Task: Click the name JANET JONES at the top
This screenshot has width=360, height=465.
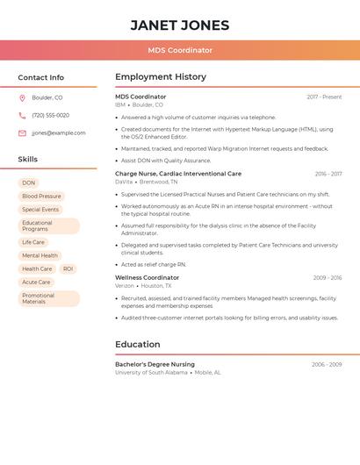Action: click(180, 25)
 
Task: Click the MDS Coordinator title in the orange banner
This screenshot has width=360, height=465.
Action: click(180, 50)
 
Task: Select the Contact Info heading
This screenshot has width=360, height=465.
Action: click(40, 77)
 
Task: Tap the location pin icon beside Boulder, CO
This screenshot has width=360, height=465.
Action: click(22, 97)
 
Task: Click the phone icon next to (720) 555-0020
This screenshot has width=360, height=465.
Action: click(22, 115)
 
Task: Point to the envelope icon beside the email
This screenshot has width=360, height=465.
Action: click(22, 133)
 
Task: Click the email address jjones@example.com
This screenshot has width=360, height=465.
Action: click(59, 133)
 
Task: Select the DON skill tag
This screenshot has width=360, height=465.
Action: click(29, 182)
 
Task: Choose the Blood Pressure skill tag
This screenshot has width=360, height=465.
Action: click(41, 197)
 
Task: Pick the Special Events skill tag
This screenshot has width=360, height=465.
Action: click(40, 210)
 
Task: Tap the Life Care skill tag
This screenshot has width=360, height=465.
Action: click(33, 242)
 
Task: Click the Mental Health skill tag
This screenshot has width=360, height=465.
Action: click(40, 255)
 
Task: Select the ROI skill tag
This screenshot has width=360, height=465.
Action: click(68, 268)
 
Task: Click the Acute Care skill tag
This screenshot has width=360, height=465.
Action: click(36, 283)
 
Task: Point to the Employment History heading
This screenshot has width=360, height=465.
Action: click(161, 77)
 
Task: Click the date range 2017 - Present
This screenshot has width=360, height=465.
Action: click(324, 97)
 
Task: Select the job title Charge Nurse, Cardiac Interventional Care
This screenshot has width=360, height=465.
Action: click(178, 174)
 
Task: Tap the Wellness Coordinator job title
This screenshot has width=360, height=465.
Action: click(147, 277)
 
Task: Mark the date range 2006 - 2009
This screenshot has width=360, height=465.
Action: click(327, 364)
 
